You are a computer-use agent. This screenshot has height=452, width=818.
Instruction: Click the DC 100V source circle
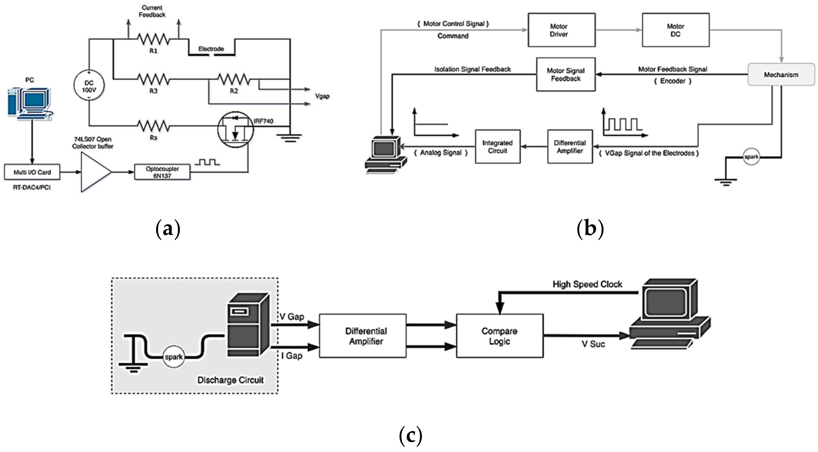(x=89, y=86)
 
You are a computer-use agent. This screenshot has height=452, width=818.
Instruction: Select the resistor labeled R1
(x=153, y=39)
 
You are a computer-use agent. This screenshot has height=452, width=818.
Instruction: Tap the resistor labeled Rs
(x=153, y=126)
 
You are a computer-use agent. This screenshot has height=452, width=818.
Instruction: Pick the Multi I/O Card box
(x=32, y=172)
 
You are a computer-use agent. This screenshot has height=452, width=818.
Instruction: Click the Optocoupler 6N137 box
(x=162, y=172)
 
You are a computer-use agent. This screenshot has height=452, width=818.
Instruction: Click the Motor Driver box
(x=561, y=30)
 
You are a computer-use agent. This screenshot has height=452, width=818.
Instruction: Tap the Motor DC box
(x=675, y=30)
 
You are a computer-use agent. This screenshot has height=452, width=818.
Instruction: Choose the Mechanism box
(x=781, y=75)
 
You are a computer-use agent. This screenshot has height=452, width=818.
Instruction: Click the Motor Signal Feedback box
(x=566, y=75)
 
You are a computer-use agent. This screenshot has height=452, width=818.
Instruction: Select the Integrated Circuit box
(x=497, y=147)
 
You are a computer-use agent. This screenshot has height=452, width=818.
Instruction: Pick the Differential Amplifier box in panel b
(x=570, y=147)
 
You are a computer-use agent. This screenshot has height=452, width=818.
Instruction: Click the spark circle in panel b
(x=751, y=157)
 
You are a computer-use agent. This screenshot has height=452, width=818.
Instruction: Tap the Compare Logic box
(x=500, y=336)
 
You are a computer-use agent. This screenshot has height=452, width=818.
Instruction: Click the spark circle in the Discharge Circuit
(x=174, y=357)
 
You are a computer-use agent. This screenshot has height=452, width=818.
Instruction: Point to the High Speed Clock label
(x=587, y=284)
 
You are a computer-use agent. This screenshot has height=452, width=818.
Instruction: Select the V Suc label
(x=593, y=344)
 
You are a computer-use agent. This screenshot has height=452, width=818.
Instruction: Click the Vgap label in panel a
(x=322, y=96)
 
